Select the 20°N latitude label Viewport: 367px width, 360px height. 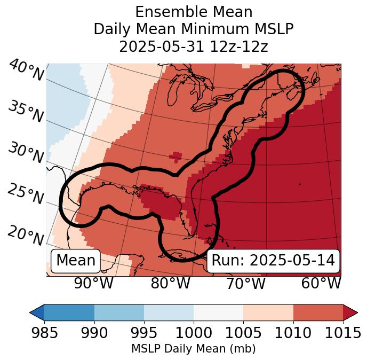pyautogui.click(x=26, y=235)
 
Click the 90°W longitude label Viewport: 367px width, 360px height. pyautogui.click(x=93, y=283)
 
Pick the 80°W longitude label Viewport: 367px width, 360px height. pyautogui.click(x=170, y=283)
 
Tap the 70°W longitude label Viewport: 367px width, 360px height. pyautogui.click(x=245, y=283)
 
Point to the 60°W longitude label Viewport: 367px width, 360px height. pyautogui.click(x=321, y=283)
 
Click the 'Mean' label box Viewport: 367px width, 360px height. pyautogui.click(x=76, y=261)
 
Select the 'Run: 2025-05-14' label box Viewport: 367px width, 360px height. pyautogui.click(x=273, y=261)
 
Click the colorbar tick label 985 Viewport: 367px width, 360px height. pyautogui.click(x=44, y=333)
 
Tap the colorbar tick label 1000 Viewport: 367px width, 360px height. pyautogui.click(x=194, y=333)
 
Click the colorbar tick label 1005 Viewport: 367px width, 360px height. pyautogui.click(x=243, y=333)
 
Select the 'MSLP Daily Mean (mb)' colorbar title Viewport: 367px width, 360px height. pyautogui.click(x=193, y=349)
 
